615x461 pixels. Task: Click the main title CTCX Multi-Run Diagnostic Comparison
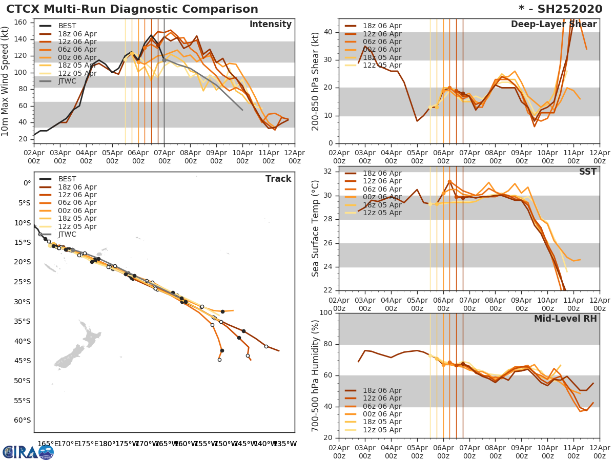[132, 9]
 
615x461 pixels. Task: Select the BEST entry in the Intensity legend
[67, 26]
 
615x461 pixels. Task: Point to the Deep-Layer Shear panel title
[553, 25]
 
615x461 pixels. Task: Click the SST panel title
[588, 172]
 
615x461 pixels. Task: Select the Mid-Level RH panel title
[565, 319]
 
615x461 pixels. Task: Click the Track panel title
[278, 179]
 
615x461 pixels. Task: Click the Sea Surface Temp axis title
[316, 228]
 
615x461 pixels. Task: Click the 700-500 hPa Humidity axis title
[316, 375]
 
